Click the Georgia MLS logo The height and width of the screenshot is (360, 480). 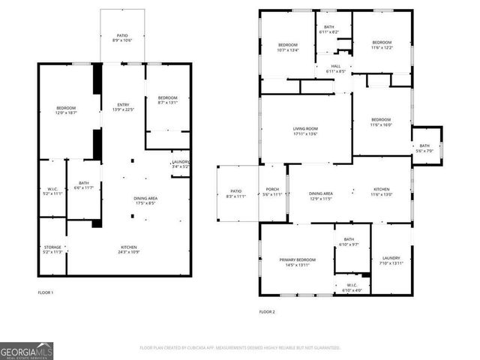(x=27, y=350)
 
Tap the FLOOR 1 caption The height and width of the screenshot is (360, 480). (x=46, y=292)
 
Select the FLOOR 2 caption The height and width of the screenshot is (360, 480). (x=268, y=311)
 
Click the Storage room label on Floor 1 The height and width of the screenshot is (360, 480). (x=52, y=249)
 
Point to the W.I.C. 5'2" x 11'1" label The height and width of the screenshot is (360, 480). (x=52, y=190)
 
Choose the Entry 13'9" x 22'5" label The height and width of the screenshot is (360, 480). (x=124, y=106)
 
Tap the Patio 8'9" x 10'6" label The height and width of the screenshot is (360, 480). (x=122, y=37)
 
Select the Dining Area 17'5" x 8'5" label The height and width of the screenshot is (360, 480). (x=145, y=200)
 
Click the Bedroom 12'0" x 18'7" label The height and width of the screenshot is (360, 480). (x=66, y=110)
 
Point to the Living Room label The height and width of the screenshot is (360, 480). (x=305, y=130)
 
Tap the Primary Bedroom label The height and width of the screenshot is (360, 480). (x=298, y=262)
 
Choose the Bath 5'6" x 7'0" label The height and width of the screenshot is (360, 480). (x=424, y=148)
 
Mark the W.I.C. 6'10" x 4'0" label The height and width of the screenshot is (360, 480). (x=352, y=287)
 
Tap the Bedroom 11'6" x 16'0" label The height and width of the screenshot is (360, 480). (x=381, y=121)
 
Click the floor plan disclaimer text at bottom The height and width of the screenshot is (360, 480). (x=240, y=348)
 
